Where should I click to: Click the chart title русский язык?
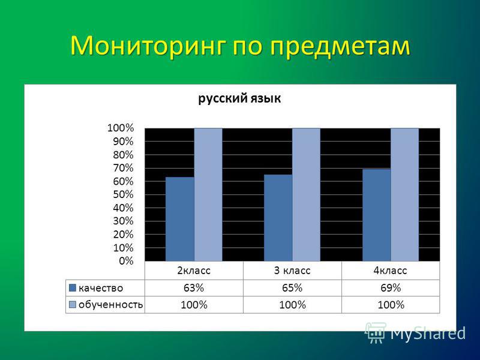[x=239, y=98]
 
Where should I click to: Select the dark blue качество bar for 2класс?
[x=179, y=219]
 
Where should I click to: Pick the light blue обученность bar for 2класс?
[x=208, y=194]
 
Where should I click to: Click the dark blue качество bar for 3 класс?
[x=278, y=218]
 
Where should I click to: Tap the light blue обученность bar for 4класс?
[x=404, y=194]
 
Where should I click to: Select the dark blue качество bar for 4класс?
[x=377, y=215]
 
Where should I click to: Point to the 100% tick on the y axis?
[x=121, y=128]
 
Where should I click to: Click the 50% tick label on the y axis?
[x=123, y=194]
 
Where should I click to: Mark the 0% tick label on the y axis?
[x=126, y=261]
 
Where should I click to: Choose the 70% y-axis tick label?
[x=123, y=168]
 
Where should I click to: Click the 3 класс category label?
[x=292, y=271]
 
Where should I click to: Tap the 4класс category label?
[x=391, y=271]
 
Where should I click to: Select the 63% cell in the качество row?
[x=194, y=288]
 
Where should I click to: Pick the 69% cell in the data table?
[x=391, y=288]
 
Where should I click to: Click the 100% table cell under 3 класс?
[x=292, y=305]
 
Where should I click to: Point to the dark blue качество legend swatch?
[x=73, y=288]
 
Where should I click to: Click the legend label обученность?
[x=110, y=305]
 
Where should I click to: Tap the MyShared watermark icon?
[x=376, y=332]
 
